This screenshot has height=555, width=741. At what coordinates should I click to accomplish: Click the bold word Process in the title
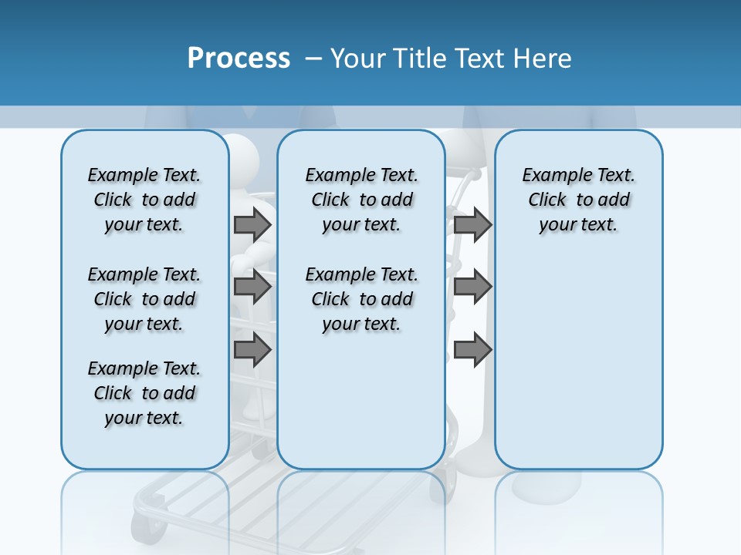click(x=239, y=58)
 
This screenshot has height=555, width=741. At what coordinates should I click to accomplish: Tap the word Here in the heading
click(x=543, y=59)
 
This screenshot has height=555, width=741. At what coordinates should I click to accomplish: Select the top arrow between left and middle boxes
click(x=252, y=224)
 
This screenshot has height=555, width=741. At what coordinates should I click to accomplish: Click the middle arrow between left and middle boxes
click(x=252, y=287)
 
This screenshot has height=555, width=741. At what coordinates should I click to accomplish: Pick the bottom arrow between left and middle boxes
click(x=252, y=349)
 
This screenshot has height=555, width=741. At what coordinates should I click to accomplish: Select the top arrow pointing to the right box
click(x=472, y=224)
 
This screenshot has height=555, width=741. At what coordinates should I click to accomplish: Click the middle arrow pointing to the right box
click(x=472, y=287)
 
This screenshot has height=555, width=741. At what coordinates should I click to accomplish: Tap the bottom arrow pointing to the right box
click(x=472, y=349)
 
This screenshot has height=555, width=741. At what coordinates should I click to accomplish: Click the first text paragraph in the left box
click(x=144, y=200)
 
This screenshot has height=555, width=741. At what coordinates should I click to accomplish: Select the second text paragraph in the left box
click(x=144, y=299)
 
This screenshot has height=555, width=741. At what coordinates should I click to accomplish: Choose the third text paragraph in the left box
click(x=144, y=393)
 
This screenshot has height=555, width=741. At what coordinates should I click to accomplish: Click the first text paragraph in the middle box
click(x=361, y=200)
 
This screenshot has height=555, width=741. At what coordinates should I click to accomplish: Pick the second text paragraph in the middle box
click(x=361, y=299)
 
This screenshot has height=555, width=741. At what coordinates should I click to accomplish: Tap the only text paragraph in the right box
click(x=578, y=200)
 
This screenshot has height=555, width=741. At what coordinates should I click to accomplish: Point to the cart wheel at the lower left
click(x=144, y=529)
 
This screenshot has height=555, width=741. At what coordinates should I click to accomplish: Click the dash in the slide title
click(x=313, y=59)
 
